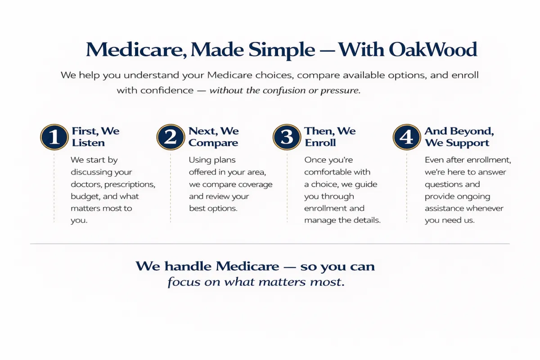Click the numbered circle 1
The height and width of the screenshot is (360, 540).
54,137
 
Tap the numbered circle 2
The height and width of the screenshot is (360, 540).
171,137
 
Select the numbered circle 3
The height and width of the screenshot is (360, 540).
287,137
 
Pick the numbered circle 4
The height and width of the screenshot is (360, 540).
407,137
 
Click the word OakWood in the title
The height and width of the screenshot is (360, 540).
433,49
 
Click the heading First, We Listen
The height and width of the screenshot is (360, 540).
95,137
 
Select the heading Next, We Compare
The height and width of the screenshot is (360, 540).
214,137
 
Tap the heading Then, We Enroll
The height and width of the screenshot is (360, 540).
330,137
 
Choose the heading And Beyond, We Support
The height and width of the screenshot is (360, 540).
459,137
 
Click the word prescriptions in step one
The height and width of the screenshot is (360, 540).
130,184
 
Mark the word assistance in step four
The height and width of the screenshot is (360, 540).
445,208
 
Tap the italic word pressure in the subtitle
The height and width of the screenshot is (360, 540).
340,90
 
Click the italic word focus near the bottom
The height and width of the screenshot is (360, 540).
184,282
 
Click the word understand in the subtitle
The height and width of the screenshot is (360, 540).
151,75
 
